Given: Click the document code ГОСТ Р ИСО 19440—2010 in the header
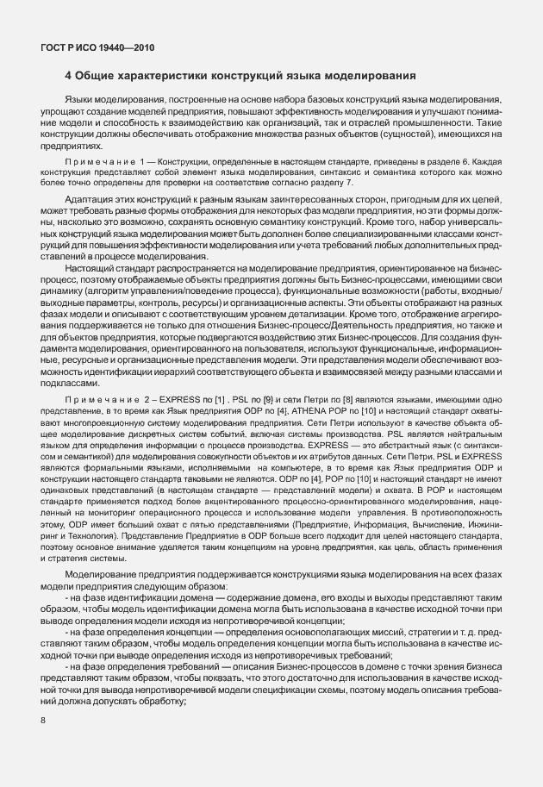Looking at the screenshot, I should click(x=97, y=48).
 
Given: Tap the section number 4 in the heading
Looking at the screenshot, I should click(x=68, y=76).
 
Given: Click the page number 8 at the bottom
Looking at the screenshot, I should click(x=43, y=719).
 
